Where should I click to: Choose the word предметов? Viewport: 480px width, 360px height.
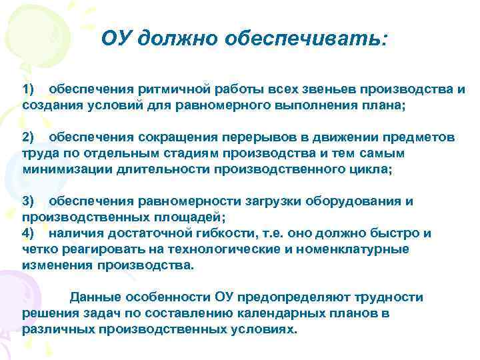[415, 137]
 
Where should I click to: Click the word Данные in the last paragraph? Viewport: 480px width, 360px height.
[93, 297]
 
